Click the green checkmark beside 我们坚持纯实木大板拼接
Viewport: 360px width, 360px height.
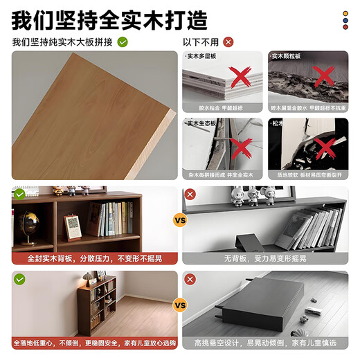(x=123, y=42)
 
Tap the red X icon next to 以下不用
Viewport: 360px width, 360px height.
(x=228, y=42)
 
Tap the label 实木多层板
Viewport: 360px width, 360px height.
(x=203, y=55)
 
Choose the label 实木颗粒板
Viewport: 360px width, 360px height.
(x=287, y=55)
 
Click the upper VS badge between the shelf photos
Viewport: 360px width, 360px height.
(x=179, y=222)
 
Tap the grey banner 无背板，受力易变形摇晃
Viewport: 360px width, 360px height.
(x=267, y=258)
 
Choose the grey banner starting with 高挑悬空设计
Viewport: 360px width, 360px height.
(x=267, y=343)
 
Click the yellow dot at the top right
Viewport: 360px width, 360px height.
(x=344, y=12)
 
